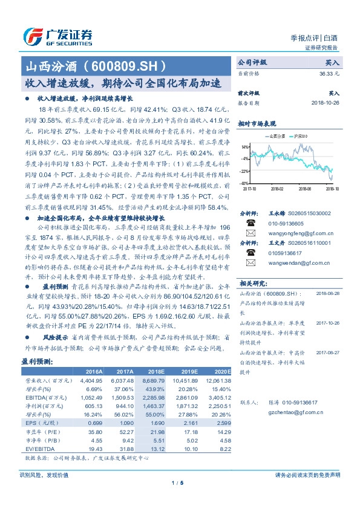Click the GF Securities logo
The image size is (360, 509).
point(57,37)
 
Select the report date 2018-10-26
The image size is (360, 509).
point(326,103)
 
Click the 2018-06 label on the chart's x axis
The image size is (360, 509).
point(305,189)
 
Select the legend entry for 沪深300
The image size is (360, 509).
point(301,137)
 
